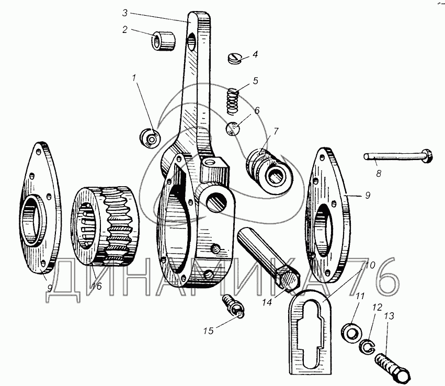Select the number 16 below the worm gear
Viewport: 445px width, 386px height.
click(95, 287)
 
